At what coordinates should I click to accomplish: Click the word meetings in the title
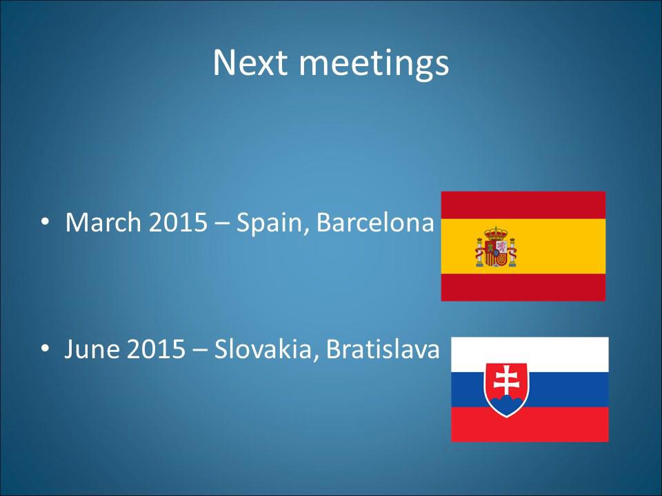(x=374, y=65)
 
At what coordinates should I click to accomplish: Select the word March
(x=103, y=222)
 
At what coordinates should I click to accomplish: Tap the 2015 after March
(x=178, y=222)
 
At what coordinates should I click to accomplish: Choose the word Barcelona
(x=375, y=222)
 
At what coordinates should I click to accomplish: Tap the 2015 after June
(x=156, y=349)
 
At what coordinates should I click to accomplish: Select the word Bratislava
(x=383, y=349)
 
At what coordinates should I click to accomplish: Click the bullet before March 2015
(x=46, y=223)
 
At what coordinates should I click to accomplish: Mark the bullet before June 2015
(x=46, y=349)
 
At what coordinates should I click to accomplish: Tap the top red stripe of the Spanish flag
(x=523, y=205)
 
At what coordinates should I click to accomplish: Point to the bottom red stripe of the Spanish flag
(x=523, y=287)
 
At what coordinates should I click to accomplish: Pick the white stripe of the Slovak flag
(x=530, y=354)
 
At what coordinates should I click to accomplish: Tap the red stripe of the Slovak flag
(x=530, y=424)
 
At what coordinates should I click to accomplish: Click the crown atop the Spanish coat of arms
(x=496, y=233)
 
